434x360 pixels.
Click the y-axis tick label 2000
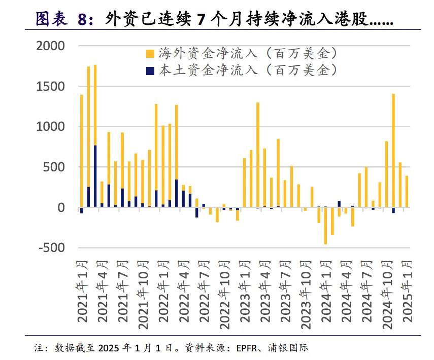click(x=51, y=46)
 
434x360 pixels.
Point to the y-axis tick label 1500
click(x=51, y=87)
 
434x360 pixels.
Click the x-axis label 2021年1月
click(x=82, y=292)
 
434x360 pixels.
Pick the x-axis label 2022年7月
click(x=205, y=292)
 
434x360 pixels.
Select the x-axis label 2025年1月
click(x=408, y=292)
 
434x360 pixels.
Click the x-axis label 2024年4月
click(x=347, y=292)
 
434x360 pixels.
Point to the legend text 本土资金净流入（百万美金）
click(x=248, y=70)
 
